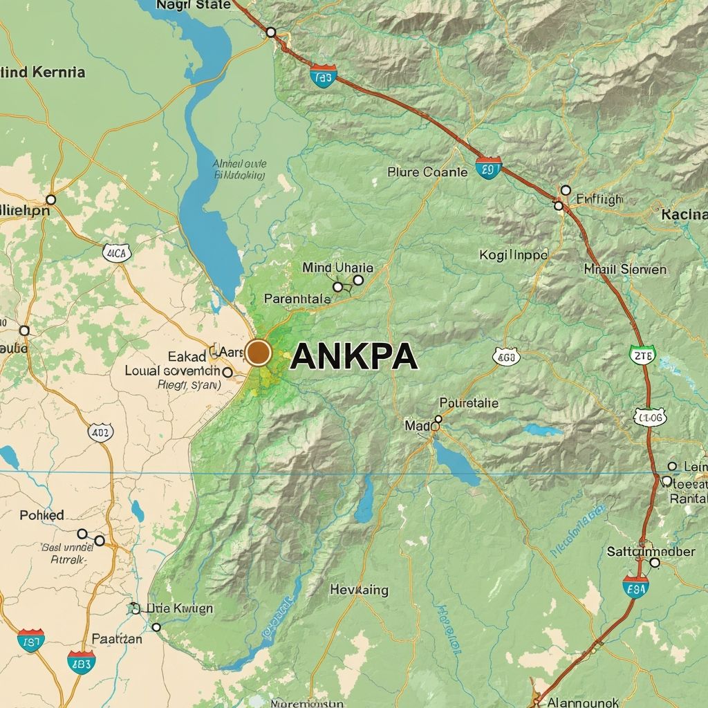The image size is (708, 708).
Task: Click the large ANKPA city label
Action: pyautogui.click(x=354, y=357)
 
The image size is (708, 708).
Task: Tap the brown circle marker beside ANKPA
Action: pyautogui.click(x=259, y=352)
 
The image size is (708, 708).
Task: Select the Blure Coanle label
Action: pyautogui.click(x=427, y=172)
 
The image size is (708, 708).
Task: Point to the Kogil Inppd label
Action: pyautogui.click(x=513, y=255)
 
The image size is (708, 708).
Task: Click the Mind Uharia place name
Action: pyautogui.click(x=337, y=268)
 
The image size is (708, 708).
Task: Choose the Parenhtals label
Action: pyautogui.click(x=297, y=299)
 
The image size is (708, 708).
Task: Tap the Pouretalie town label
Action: pyautogui.click(x=469, y=403)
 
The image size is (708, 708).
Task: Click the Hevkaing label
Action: pyautogui.click(x=359, y=590)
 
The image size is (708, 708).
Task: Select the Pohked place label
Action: pyautogui.click(x=41, y=515)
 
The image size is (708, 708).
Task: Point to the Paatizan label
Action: pyautogui.click(x=117, y=639)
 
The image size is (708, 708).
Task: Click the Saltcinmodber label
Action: pyautogui.click(x=651, y=552)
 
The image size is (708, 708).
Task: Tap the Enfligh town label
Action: pyautogui.click(x=599, y=200)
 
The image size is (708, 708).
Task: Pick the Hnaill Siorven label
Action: pyautogui.click(x=625, y=269)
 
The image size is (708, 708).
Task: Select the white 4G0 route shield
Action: pyautogui.click(x=506, y=357)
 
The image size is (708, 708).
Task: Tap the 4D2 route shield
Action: pyautogui.click(x=101, y=434)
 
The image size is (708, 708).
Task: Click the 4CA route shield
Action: pyautogui.click(x=116, y=253)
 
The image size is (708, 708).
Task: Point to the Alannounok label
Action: pyautogui.click(x=583, y=702)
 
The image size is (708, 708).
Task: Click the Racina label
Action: pyautogui.click(x=684, y=214)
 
